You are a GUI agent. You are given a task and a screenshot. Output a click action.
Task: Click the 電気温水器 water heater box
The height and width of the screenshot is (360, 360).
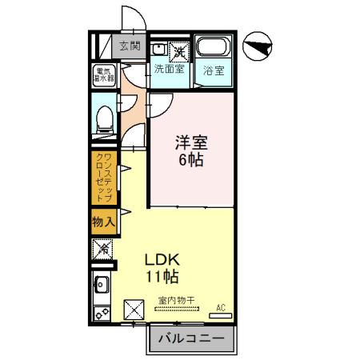[x=103, y=74]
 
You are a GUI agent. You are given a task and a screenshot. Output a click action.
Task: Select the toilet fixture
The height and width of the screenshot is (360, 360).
[x=102, y=118]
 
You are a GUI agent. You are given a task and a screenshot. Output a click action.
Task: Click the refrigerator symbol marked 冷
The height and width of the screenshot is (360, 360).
[x=102, y=250]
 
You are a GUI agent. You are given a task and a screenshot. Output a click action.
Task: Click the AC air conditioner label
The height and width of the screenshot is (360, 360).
[x=222, y=306]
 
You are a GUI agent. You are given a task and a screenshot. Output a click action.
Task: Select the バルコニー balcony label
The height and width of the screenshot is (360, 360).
[x=190, y=339]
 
